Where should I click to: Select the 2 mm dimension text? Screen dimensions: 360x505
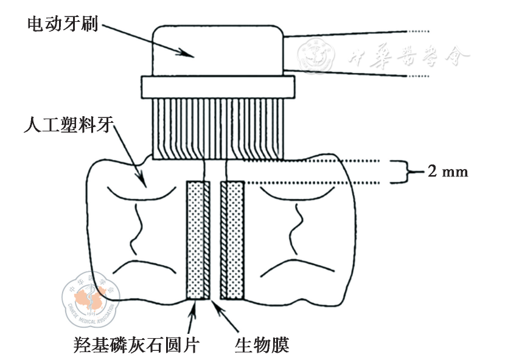pyautogui.click(x=448, y=171)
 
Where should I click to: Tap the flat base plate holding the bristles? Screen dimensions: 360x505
pyautogui.click(x=218, y=86)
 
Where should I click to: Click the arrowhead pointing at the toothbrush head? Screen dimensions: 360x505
pyautogui.click(x=189, y=53)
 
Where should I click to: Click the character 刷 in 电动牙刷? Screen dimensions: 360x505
pyautogui.click(x=91, y=24)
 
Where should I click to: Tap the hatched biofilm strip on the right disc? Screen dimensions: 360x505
pyautogui.click(x=223, y=240)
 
